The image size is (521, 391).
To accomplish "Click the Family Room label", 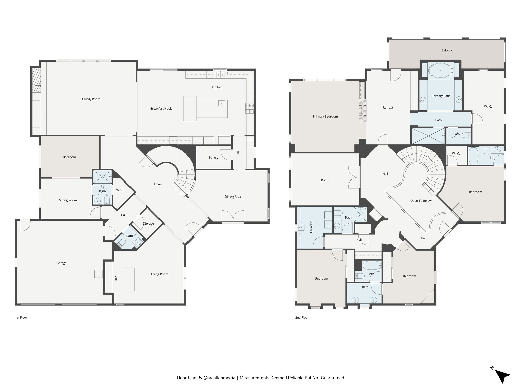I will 91,99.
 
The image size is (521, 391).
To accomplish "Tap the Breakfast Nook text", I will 161,109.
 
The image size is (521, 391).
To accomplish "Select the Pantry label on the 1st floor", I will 213,158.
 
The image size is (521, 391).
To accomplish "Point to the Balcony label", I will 447,50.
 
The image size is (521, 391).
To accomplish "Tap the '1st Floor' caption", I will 21,317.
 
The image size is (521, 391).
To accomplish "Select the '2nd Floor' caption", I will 302,317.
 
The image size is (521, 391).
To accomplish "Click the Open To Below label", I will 421,201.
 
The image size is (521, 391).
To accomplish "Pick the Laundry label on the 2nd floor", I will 311,227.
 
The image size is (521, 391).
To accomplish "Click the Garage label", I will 61,263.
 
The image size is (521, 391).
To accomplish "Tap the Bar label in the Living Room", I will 116,278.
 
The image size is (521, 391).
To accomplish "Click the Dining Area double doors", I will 233,216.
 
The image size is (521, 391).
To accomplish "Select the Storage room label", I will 148,224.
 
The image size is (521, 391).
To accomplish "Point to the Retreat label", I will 388,108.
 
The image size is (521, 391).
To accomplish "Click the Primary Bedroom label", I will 325,117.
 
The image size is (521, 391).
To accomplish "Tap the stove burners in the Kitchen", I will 249,108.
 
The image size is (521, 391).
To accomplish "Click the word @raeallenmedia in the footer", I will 219,378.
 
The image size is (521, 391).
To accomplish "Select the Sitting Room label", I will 68,200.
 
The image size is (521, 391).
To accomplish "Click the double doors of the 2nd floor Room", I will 354,177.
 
